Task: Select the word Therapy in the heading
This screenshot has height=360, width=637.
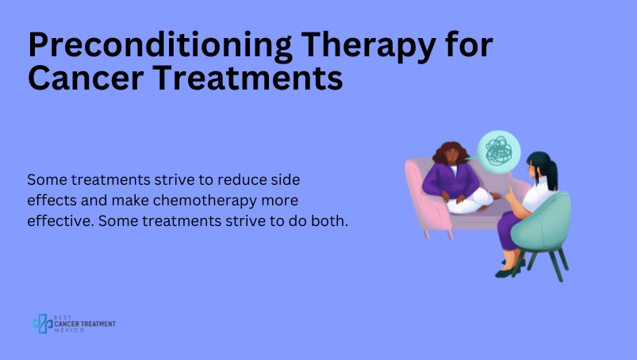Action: [368, 46]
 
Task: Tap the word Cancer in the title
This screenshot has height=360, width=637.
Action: [86, 78]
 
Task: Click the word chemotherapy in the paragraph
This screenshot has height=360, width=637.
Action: [205, 201]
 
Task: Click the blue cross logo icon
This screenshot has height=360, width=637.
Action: [43, 324]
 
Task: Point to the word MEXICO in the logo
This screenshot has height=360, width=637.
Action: [70, 331]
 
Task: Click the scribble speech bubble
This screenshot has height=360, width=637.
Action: [498, 151]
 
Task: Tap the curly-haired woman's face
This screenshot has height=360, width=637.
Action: [451, 155]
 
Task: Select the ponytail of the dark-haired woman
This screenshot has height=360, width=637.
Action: [551, 175]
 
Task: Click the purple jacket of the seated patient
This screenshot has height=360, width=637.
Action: [451, 182]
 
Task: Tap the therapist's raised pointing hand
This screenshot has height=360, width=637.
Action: [509, 196]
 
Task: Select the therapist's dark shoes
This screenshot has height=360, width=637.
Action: [508, 269]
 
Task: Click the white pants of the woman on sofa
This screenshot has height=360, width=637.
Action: [470, 201]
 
